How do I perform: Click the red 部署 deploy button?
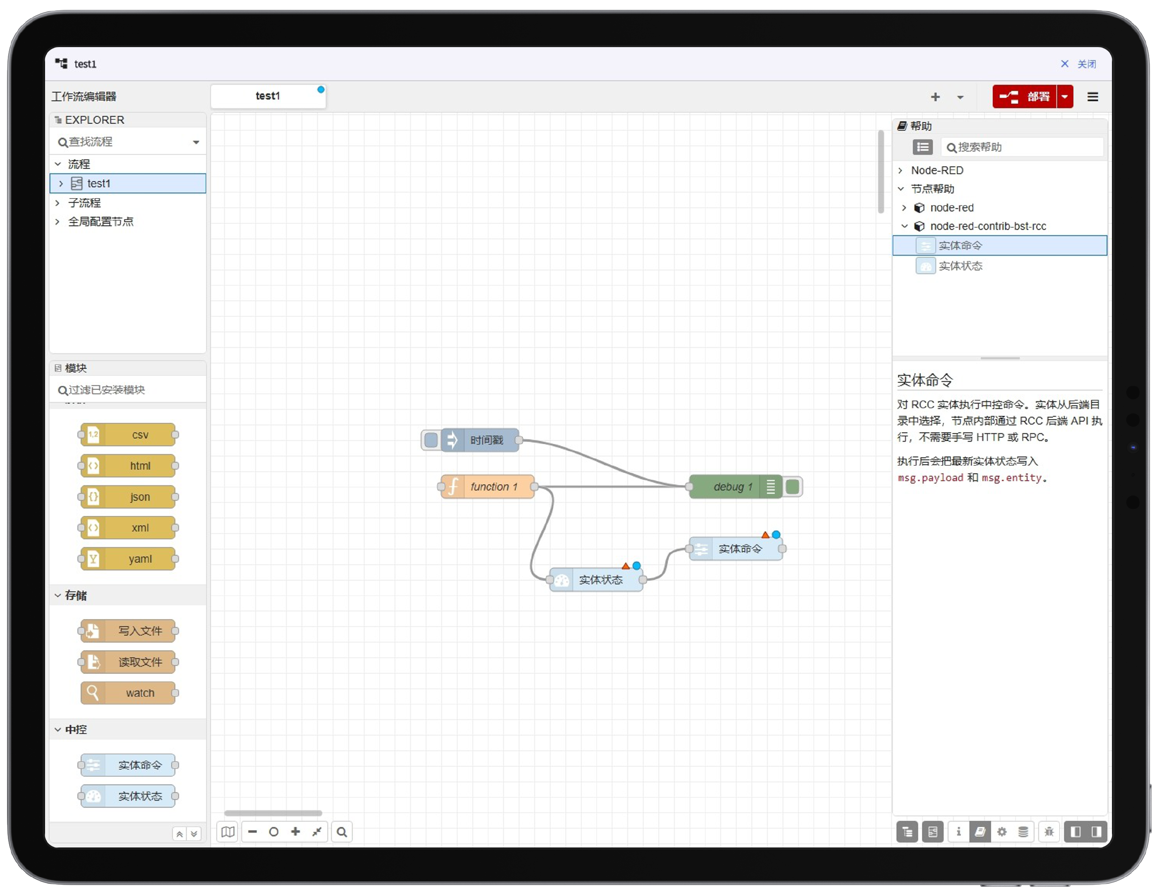(1024, 96)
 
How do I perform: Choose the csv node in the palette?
(128, 435)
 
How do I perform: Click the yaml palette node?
(128, 559)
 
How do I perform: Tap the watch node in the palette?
(128, 693)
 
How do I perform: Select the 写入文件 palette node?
(128, 631)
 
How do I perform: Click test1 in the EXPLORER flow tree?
(99, 183)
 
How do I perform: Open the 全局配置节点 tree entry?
(101, 221)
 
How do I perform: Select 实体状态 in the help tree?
(960, 265)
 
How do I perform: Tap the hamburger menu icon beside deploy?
(1093, 96)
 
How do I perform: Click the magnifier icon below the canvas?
(342, 831)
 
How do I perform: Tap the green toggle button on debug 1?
(793, 486)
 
